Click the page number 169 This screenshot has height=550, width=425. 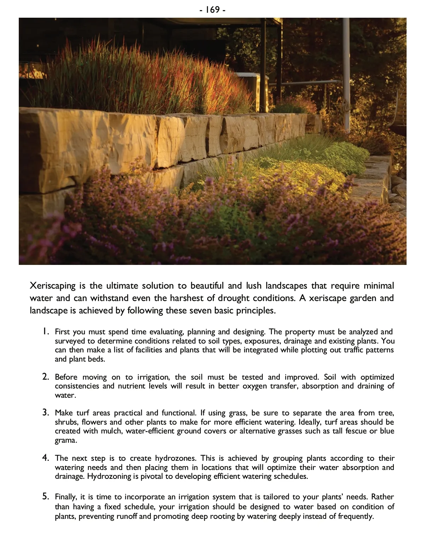pos(212,10)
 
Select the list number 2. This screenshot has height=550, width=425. pos(45,376)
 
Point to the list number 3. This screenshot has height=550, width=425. pos(45,413)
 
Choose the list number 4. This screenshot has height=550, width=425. pos(45,458)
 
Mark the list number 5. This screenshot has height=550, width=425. pos(45,497)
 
